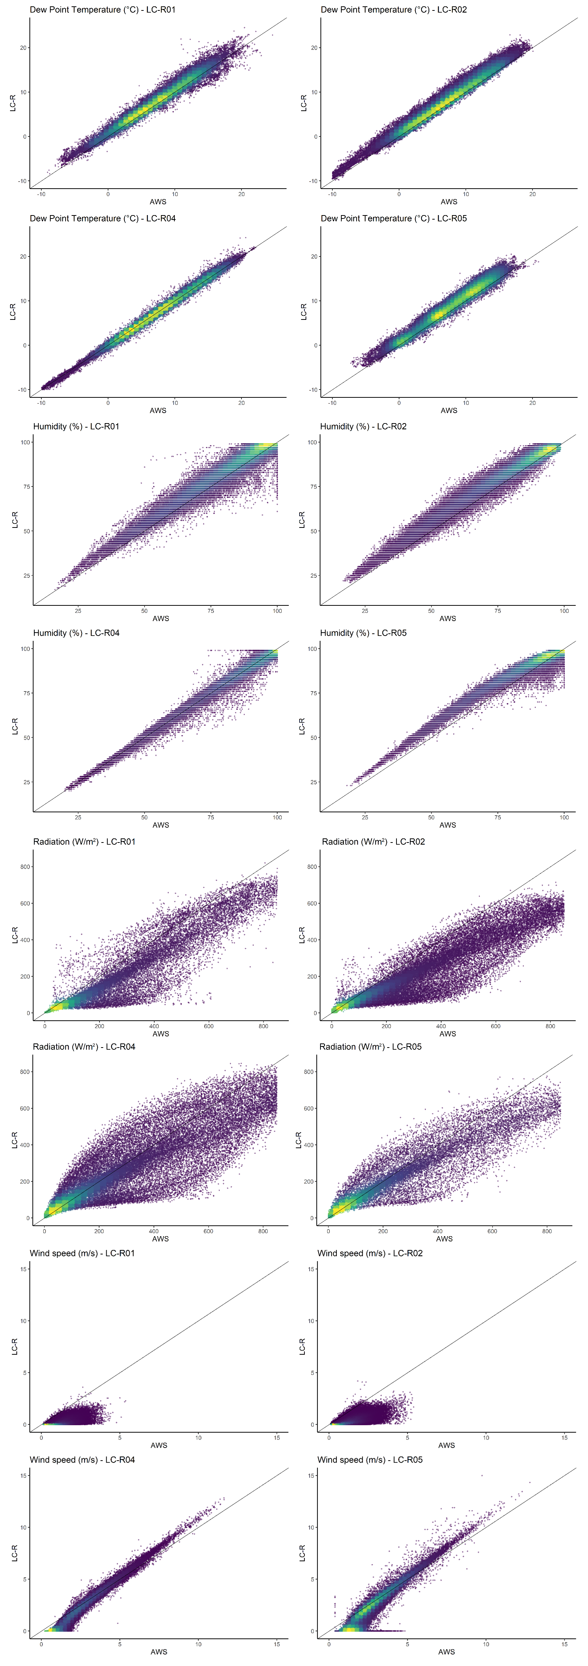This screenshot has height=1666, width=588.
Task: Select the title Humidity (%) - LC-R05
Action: coord(363,633)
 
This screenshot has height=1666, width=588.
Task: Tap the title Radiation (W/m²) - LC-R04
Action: coord(84,1046)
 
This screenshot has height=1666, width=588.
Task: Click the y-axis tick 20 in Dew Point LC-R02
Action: coord(314,48)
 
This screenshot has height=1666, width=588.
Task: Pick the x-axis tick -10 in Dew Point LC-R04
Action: coord(41,403)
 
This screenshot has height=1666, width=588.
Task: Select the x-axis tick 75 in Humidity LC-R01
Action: coord(211,611)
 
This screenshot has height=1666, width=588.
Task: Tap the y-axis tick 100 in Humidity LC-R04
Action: coord(25,649)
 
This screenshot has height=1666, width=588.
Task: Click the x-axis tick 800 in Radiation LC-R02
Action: coord(550,1026)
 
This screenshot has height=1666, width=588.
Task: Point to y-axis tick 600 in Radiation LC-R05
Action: coord(309,1109)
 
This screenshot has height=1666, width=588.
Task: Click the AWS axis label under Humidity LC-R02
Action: coord(448,618)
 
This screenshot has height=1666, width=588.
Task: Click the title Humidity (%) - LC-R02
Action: coord(363,426)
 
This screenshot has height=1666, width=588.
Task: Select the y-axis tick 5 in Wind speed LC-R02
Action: coord(313,1372)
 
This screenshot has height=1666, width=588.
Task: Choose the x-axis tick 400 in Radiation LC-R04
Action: coord(154,1231)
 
